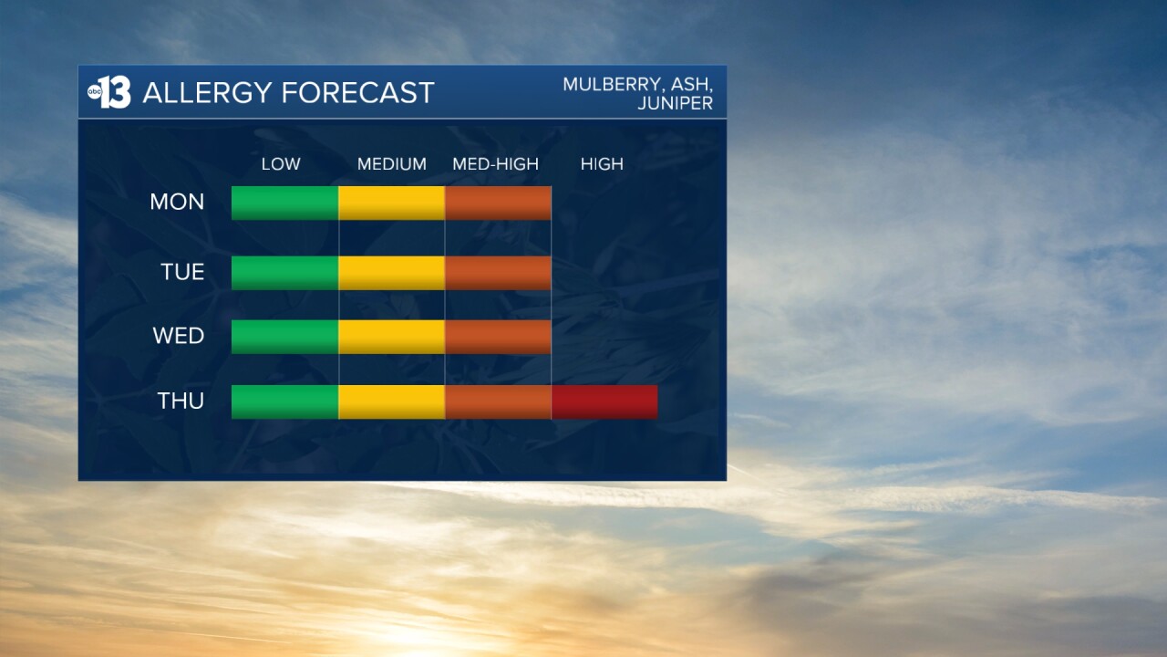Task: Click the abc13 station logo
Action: (x=108, y=92)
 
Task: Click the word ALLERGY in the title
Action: (x=207, y=93)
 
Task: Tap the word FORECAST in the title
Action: (x=358, y=93)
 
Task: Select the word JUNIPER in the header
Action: (x=676, y=103)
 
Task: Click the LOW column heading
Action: (x=281, y=164)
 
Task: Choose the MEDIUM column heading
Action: (x=392, y=164)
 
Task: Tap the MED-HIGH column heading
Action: (x=495, y=164)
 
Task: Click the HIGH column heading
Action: (x=602, y=164)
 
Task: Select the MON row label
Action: (x=177, y=202)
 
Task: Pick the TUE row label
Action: (x=182, y=272)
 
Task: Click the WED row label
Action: (x=178, y=336)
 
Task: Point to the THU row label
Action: (x=181, y=401)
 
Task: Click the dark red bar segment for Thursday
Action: (x=604, y=402)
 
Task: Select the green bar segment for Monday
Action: (x=285, y=203)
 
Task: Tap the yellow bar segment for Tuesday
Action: (x=392, y=273)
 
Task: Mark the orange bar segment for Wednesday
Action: (x=498, y=337)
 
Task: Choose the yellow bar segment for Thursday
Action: (x=392, y=402)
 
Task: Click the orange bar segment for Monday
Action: (x=498, y=203)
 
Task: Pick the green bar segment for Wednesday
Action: (x=285, y=337)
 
